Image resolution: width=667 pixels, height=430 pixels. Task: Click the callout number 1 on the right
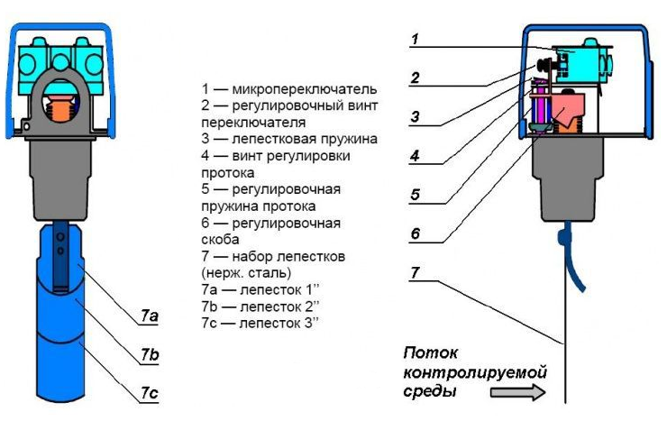coord(414,39)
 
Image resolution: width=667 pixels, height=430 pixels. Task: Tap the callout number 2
coord(414,78)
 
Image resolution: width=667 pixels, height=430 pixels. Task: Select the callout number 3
coord(414,116)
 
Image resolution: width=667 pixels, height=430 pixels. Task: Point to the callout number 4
coord(414,155)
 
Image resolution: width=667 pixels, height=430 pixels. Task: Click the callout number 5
coord(414,194)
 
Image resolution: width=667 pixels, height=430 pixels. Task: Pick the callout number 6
coord(414,233)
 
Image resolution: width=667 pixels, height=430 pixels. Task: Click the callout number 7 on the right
coord(414,272)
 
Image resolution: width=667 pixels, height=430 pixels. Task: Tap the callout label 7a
coord(150,316)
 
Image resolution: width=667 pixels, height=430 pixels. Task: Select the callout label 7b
coord(150,355)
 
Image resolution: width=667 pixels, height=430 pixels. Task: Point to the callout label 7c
coord(150,394)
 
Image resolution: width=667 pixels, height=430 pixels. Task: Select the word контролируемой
coord(475,372)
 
